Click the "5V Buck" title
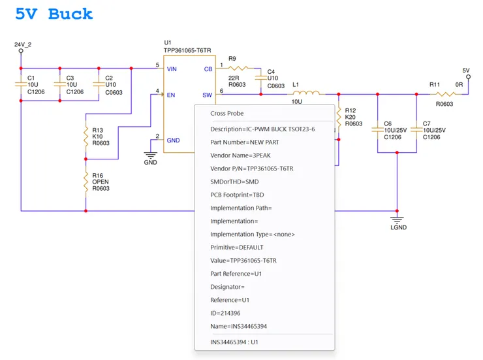pos(54,14)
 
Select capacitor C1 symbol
pos(22,84)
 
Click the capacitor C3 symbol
pos(60,84)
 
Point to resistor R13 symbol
pos(86,135)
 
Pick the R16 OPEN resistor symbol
pos(86,181)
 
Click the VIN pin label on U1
pos(172,68)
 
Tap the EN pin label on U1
pos(171,95)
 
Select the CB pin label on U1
pos(208,68)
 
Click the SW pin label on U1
pos(207,95)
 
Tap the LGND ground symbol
pos(397,220)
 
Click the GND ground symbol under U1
pos(151,155)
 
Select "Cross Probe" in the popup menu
pos(226,113)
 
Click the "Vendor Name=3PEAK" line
pos(240,155)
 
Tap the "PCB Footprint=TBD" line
pos(237,195)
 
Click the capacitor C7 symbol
pos(416,129)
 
